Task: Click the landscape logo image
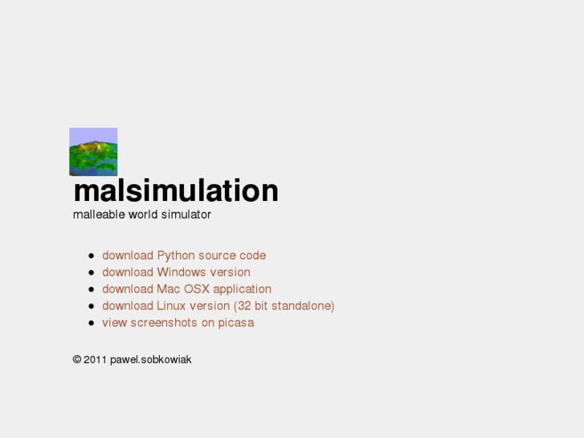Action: pos(93,151)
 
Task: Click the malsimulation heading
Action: pos(176,191)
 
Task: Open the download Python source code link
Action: pos(184,256)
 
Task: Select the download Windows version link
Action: pos(176,272)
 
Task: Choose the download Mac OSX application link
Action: pos(186,289)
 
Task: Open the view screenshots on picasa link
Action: pos(178,323)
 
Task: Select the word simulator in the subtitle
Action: pos(186,215)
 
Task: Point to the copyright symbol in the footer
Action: pos(76,360)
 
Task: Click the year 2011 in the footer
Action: pos(95,360)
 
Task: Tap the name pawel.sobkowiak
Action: pos(150,360)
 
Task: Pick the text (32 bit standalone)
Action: pos(284,306)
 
